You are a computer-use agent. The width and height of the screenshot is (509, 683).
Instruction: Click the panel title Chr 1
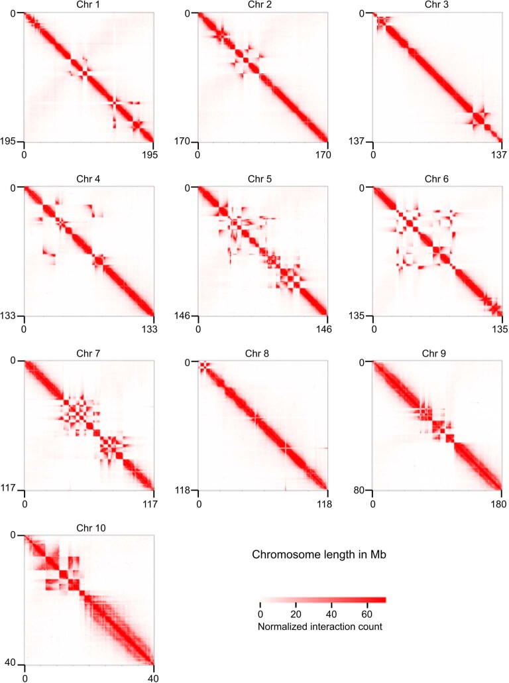point(89,6)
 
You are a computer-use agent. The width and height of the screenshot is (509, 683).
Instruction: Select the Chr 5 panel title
point(262,180)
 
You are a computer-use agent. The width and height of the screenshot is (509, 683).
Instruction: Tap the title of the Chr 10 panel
point(90,528)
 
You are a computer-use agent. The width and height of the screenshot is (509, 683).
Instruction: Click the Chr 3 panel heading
point(437,6)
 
